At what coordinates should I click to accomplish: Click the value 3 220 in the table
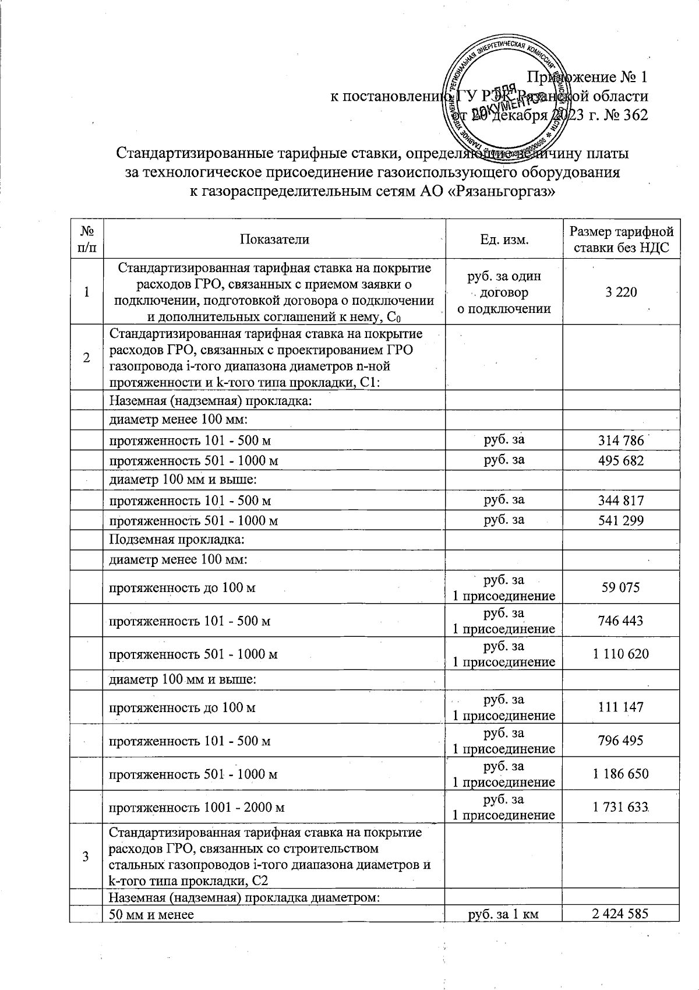620,293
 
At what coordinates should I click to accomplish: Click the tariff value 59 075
620,587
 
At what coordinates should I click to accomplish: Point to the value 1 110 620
620,654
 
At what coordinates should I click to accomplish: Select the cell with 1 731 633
620,807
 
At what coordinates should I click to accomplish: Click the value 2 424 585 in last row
620,914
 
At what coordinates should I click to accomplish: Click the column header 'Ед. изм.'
504,239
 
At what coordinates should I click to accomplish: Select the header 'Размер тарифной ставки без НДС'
621,239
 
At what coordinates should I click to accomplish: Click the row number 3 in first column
86,856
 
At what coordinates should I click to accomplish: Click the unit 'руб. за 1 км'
504,914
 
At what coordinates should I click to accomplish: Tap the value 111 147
620,707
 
